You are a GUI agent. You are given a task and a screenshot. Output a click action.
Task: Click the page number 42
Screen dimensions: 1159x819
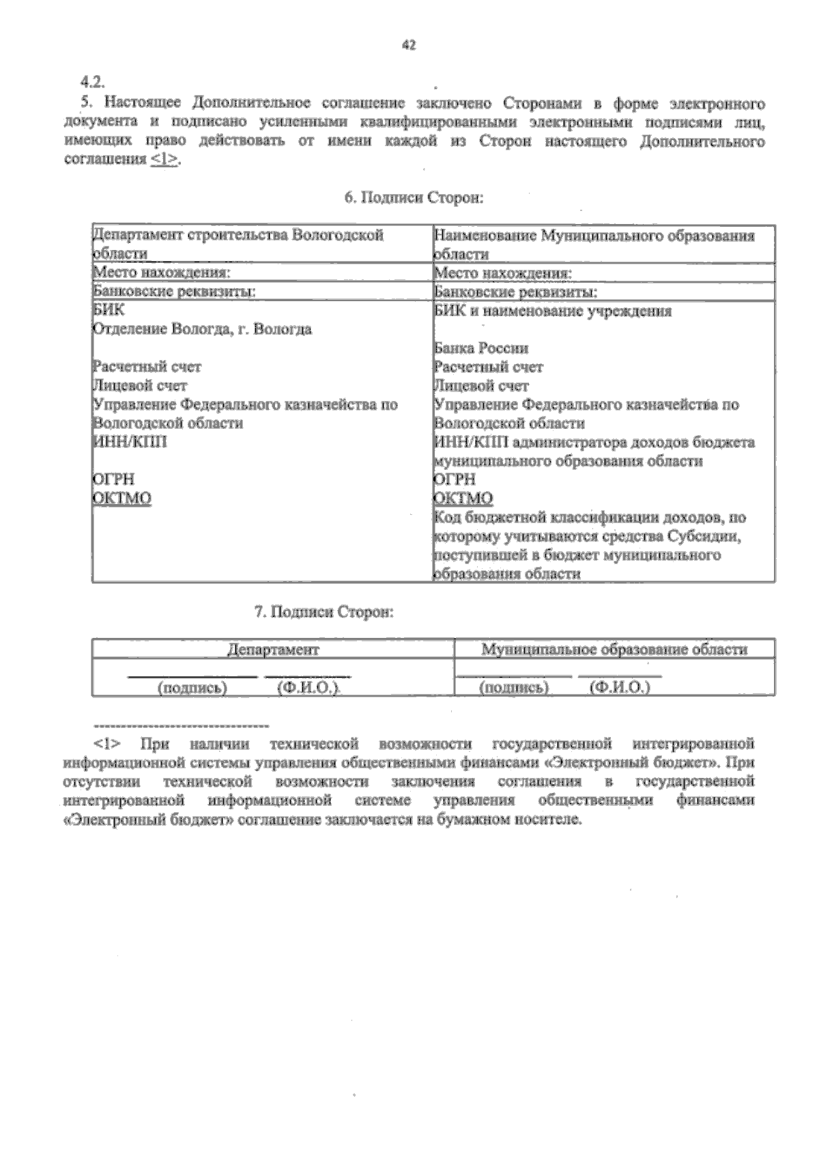click(x=409, y=45)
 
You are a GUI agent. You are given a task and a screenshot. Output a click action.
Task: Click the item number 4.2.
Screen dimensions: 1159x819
click(x=91, y=82)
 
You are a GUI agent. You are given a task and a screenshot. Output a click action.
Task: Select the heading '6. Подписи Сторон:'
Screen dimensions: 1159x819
click(x=414, y=197)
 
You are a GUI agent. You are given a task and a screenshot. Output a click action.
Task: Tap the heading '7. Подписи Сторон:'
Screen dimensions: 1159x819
click(x=324, y=611)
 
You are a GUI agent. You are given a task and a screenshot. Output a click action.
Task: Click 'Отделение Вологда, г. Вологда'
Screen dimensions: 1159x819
click(x=203, y=329)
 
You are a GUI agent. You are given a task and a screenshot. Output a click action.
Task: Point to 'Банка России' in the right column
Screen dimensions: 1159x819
click(x=481, y=348)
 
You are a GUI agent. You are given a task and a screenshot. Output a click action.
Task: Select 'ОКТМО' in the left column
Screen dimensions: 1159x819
click(x=122, y=498)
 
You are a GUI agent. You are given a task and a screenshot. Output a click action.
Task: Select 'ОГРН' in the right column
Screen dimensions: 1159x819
click(x=455, y=479)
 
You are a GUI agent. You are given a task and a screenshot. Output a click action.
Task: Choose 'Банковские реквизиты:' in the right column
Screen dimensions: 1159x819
click(x=515, y=292)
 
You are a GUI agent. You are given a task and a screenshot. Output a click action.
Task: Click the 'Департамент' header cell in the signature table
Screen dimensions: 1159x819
click(x=273, y=650)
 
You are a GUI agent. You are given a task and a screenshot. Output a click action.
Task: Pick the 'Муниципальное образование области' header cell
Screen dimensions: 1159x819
click(x=614, y=650)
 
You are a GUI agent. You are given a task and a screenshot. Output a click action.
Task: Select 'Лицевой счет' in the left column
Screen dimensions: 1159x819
click(x=140, y=386)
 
